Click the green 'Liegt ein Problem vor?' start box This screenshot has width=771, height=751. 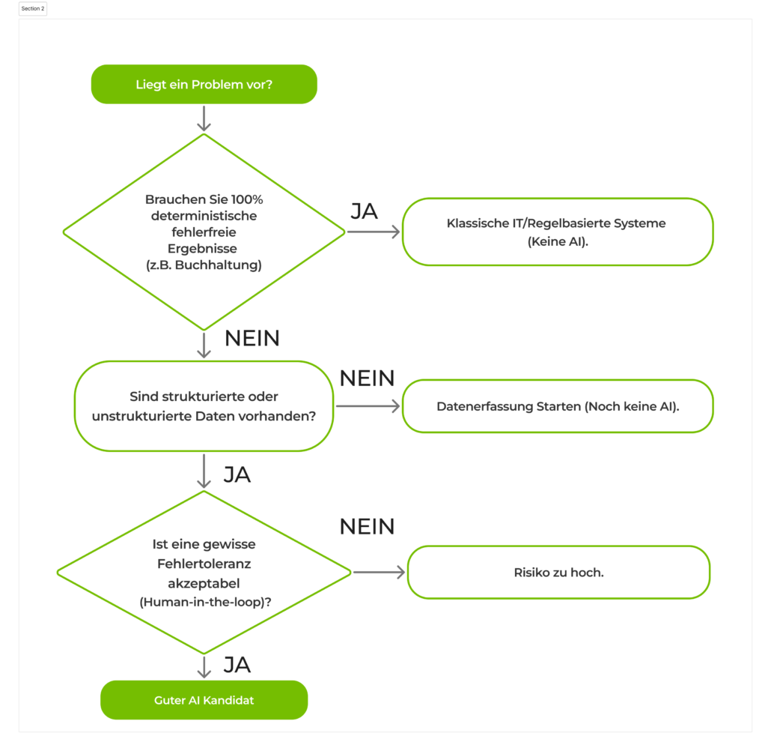coord(204,84)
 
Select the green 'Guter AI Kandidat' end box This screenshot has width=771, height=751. coord(204,700)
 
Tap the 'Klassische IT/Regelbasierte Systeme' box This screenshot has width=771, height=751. coord(557,232)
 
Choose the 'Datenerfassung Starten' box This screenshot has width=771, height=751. coord(557,406)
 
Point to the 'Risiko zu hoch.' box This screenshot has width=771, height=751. coord(558,572)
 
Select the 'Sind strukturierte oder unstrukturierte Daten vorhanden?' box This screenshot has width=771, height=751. coord(204,406)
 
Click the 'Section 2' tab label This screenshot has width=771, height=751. coord(33,8)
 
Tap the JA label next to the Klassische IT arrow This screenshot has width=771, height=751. coord(365,211)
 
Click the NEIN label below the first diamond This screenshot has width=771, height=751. coord(252,339)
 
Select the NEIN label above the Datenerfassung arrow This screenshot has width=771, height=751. coord(367,378)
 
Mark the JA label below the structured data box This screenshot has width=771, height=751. coord(237,475)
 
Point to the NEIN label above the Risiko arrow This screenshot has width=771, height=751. coord(367,527)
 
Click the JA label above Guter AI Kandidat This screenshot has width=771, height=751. coord(237,665)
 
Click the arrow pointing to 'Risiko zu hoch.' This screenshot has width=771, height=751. coord(379,573)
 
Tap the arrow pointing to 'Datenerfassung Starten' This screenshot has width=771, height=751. coord(368,406)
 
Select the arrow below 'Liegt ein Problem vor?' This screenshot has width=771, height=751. coord(204,118)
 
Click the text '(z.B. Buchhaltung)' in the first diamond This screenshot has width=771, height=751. coord(204,265)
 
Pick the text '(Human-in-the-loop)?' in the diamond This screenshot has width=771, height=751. coord(204,601)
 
